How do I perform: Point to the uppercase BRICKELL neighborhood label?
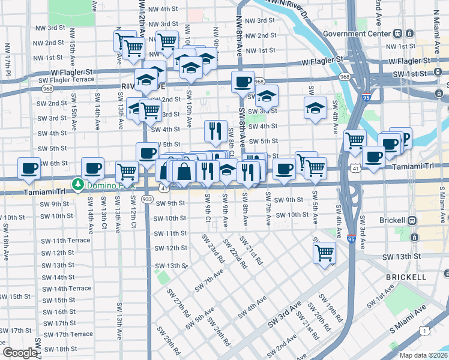click(x=406, y=277)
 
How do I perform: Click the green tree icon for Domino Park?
click(x=77, y=184)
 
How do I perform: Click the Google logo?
click(x=20, y=353)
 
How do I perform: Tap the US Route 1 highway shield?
click(x=424, y=331)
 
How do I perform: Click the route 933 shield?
click(x=147, y=199)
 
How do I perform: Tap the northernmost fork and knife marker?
click(x=215, y=130)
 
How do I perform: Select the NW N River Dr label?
click(x=286, y=7)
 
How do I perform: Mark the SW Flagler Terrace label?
click(x=67, y=79)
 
